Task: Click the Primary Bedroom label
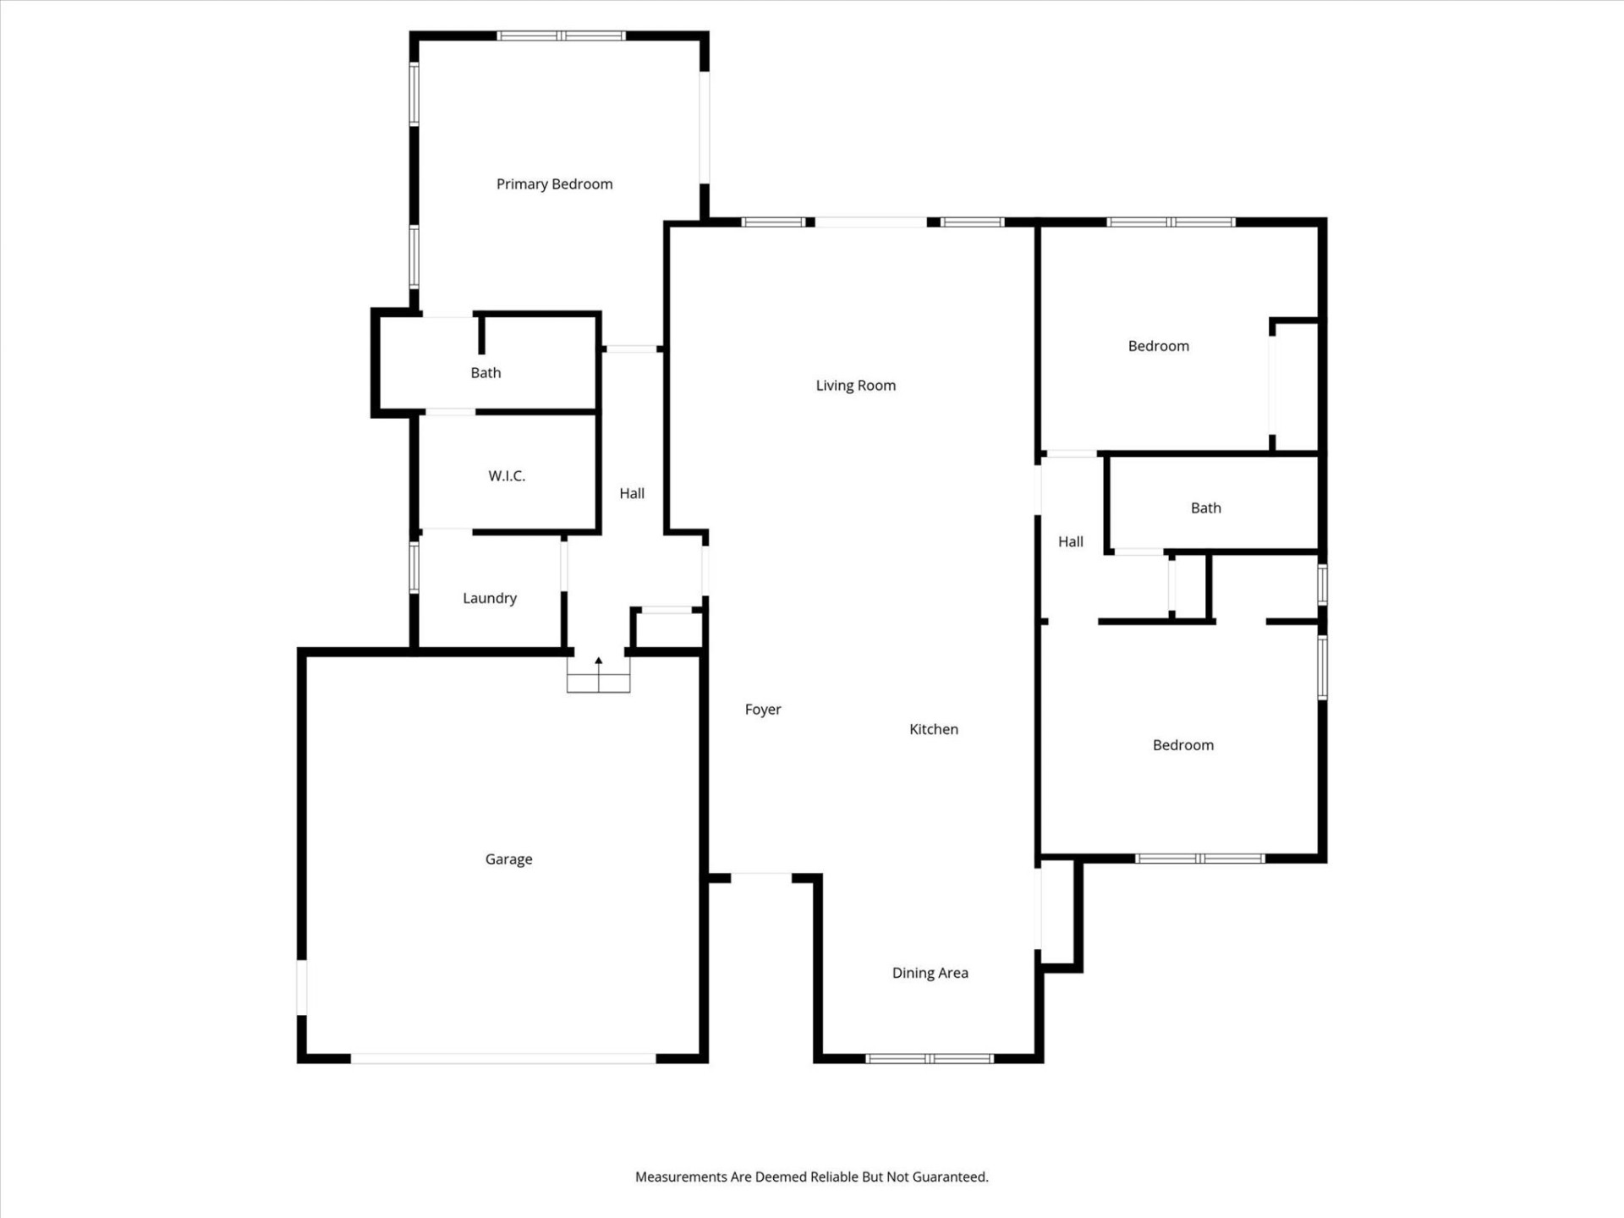click(554, 184)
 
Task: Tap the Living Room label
click(855, 386)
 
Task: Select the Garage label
click(508, 859)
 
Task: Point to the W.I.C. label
click(507, 476)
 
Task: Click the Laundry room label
click(489, 598)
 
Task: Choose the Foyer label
click(762, 710)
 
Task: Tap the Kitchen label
click(933, 729)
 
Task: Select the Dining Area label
click(930, 973)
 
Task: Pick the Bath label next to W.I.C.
click(486, 373)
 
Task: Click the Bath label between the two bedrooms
click(1205, 508)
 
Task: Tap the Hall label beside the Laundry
click(631, 494)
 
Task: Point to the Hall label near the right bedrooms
click(1070, 542)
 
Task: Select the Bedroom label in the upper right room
click(1158, 346)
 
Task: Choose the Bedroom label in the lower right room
click(1182, 745)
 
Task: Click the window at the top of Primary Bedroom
click(561, 36)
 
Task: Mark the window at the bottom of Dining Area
click(929, 1058)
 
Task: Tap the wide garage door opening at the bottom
click(503, 1058)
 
